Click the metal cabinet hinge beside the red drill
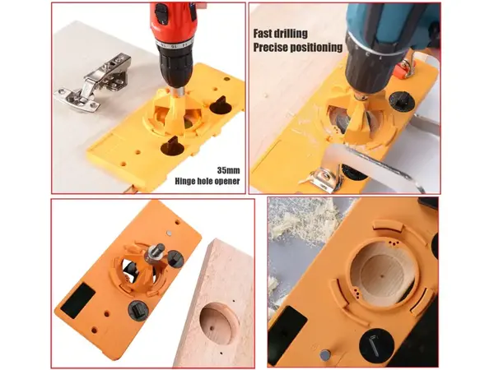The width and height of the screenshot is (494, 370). (x=93, y=83)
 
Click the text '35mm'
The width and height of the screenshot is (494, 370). (x=228, y=170)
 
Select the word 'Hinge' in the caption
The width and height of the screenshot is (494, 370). (x=185, y=181)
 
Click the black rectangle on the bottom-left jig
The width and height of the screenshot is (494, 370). (x=78, y=296)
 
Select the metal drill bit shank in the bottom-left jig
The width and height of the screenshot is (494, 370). (x=156, y=251)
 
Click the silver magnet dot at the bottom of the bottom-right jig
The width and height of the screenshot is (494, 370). (x=325, y=355)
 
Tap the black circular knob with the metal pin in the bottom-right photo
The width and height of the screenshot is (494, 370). (x=376, y=345)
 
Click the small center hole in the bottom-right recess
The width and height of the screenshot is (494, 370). (x=382, y=276)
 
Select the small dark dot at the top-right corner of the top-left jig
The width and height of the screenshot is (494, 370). (x=226, y=79)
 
